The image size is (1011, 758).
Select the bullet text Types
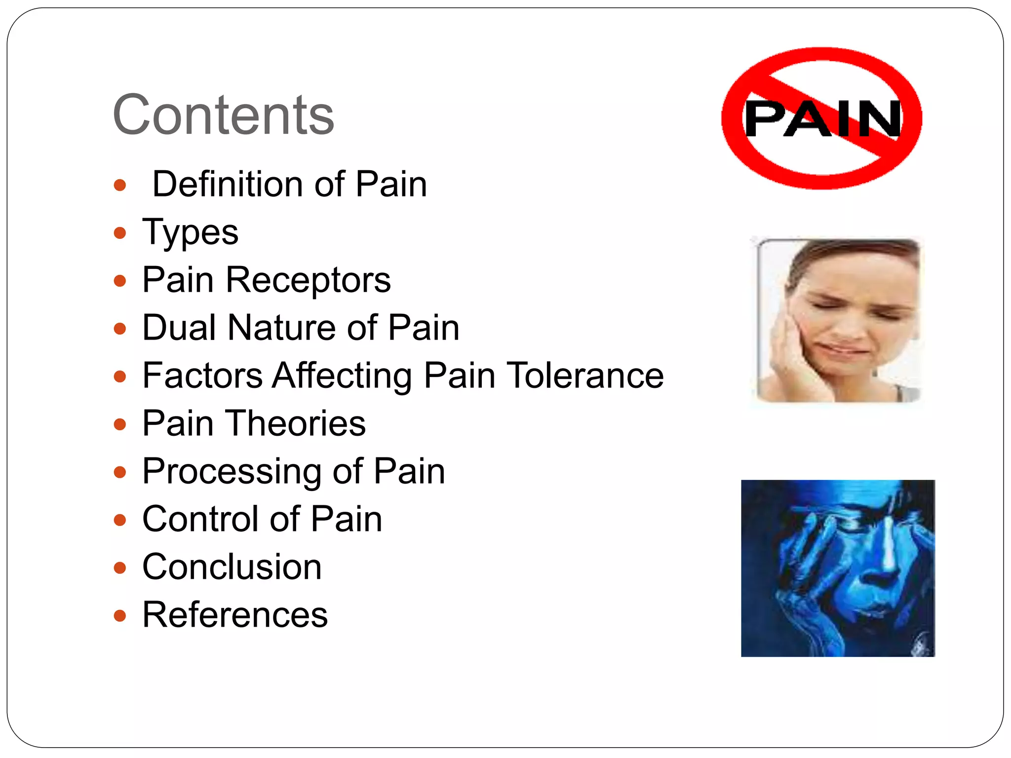pyautogui.click(x=190, y=232)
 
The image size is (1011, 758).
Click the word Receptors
pyautogui.click(x=308, y=280)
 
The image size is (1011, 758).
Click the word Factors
pyautogui.click(x=202, y=375)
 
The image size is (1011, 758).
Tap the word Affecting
pyautogui.click(x=342, y=376)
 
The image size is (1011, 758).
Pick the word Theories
pyautogui.click(x=296, y=423)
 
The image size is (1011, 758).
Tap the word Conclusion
pyautogui.click(x=232, y=567)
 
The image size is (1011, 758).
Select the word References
pyautogui.click(x=235, y=614)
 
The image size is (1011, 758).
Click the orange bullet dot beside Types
pyautogui.click(x=120, y=233)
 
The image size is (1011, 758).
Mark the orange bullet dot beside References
pyautogui.click(x=120, y=615)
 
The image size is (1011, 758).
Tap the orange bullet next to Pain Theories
pyautogui.click(x=120, y=424)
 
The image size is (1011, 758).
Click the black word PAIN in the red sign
pyautogui.click(x=822, y=118)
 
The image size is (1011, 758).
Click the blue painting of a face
pyautogui.click(x=838, y=568)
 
